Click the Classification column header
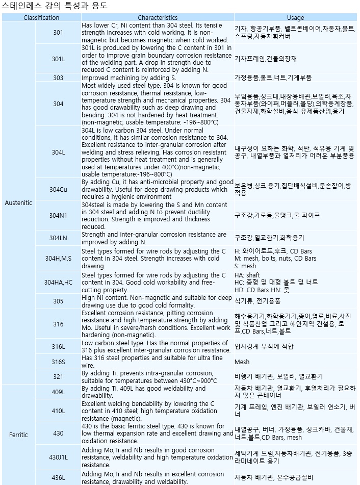41,17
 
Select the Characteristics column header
158,17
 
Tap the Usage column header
295,17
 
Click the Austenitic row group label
18,203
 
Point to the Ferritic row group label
18,435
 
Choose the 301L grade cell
58,59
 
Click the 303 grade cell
58,78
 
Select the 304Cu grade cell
58,190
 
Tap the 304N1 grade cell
58,215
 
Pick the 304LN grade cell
58,238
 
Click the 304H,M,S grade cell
58,259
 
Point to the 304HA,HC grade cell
58,282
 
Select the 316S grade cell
58,362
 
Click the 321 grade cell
58,376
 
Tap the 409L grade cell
58,392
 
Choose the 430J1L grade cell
58,457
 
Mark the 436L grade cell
58,478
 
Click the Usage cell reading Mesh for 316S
242,362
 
